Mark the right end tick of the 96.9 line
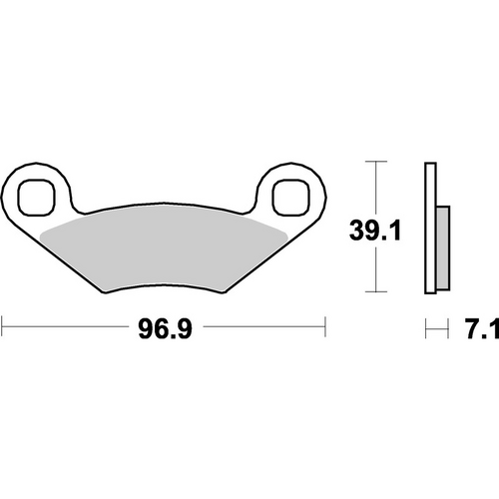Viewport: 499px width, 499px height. (325, 325)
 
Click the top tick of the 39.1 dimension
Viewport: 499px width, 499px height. (373, 161)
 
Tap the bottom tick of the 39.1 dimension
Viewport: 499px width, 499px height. (373, 292)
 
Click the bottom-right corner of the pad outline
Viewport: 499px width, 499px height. (222, 292)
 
